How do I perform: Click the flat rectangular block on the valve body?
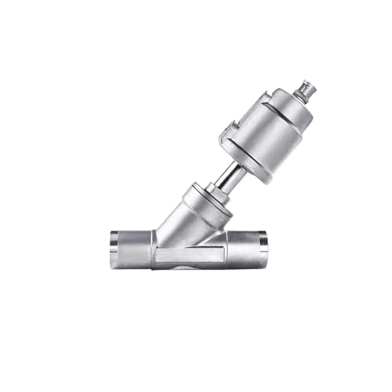[x=188, y=253]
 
